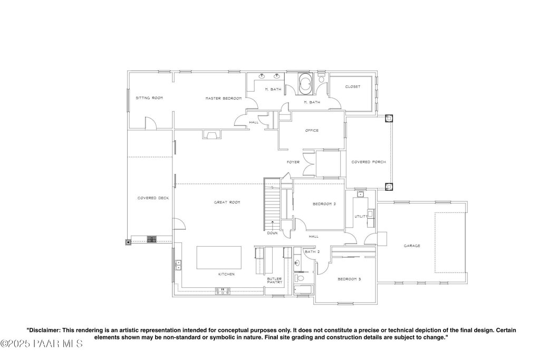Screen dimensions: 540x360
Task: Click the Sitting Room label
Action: tap(149, 98)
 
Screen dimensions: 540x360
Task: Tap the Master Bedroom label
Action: tap(224, 99)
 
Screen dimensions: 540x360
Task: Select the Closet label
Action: tap(353, 87)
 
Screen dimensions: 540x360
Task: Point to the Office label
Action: tap(312, 130)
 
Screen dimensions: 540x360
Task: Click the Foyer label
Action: tap(293, 162)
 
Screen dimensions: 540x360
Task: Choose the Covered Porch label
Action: tap(369, 162)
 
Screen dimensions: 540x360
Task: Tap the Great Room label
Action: tap(227, 202)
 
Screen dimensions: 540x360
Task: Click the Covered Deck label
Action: tap(153, 198)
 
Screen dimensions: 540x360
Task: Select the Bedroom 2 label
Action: tap(324, 204)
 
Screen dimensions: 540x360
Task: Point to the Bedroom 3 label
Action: tap(349, 279)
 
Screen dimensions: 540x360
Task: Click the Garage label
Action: tap(412, 246)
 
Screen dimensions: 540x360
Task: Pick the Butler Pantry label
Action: tap(274, 280)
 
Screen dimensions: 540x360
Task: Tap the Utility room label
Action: tap(361, 217)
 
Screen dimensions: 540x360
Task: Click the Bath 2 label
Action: tap(312, 251)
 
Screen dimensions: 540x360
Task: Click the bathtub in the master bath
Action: tap(305, 84)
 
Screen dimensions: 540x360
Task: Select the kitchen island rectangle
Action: tap(219, 257)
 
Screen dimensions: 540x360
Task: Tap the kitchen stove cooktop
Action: tap(223, 291)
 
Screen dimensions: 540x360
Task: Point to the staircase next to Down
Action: tap(273, 205)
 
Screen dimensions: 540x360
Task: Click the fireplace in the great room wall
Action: tap(210, 134)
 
